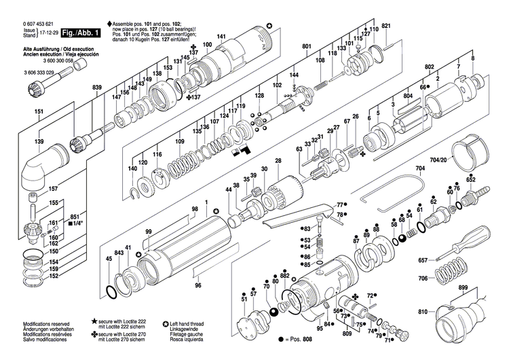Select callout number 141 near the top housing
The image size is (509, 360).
[x=221, y=36]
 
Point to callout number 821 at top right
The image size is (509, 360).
[x=387, y=26]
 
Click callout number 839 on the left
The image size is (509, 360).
[x=97, y=88]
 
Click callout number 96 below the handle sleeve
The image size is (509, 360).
[x=198, y=285]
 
